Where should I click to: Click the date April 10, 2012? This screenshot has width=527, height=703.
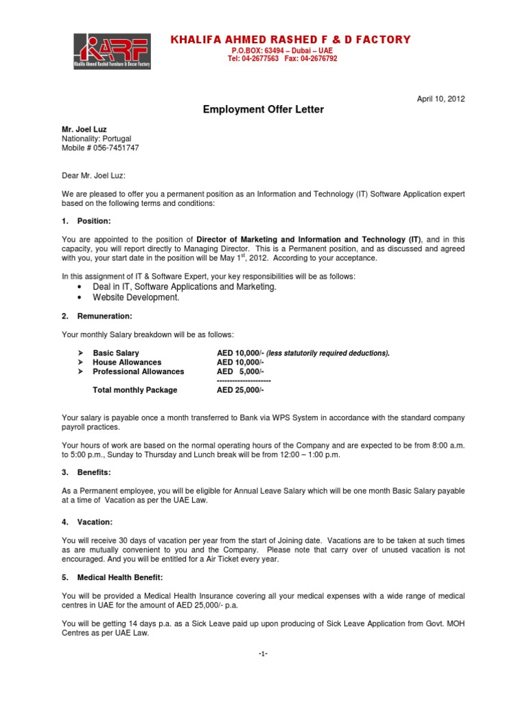tap(441, 99)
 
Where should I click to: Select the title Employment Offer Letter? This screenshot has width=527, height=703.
tap(263, 109)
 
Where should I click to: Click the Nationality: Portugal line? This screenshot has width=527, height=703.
tap(97, 139)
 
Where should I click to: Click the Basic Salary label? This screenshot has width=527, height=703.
tap(116, 353)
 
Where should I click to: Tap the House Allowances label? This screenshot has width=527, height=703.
tap(127, 362)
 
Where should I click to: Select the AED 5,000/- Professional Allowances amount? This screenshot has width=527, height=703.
tap(240, 371)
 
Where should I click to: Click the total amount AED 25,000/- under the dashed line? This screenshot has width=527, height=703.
tap(240, 390)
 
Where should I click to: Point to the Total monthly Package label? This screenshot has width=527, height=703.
tap(134, 390)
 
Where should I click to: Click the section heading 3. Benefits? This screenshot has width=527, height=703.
tap(90, 473)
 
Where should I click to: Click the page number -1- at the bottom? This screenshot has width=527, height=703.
tap(263, 654)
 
